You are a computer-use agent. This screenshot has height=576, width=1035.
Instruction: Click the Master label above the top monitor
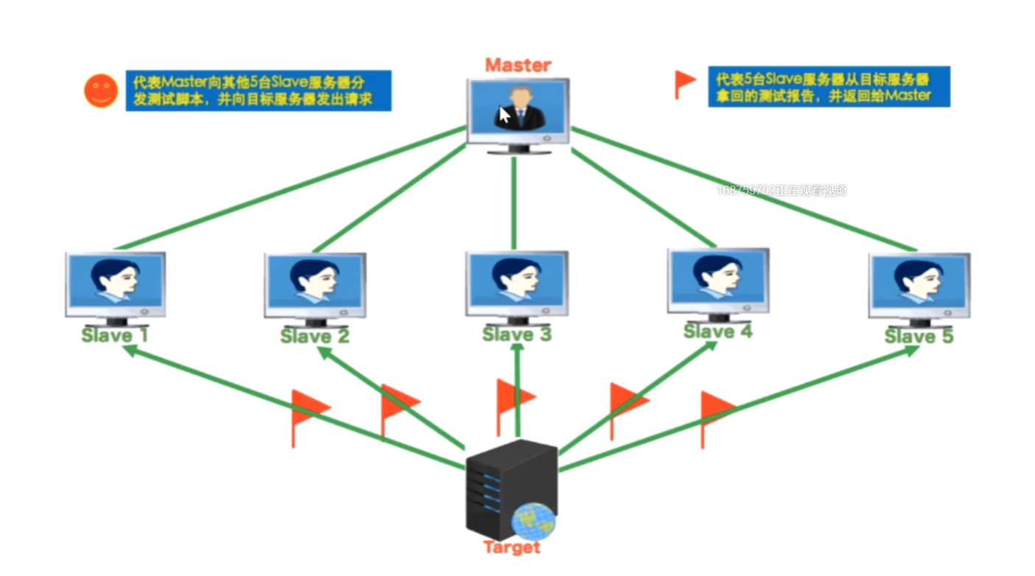coord(518,65)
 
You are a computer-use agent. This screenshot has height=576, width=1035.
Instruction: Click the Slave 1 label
coord(115,336)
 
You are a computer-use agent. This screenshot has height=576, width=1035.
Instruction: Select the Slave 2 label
coord(315,337)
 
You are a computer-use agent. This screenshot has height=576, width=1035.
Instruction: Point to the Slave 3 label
coord(516,334)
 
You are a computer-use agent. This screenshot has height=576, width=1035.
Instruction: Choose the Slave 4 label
coord(718,331)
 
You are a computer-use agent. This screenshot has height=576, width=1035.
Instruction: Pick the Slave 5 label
coord(919,337)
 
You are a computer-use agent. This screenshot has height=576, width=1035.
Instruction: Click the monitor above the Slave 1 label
coord(116,284)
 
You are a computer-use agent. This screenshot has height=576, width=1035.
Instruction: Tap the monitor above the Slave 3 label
coord(516,284)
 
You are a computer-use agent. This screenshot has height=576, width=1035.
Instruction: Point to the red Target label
coord(512,548)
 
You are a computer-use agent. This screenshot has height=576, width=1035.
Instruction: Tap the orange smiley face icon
coord(101,91)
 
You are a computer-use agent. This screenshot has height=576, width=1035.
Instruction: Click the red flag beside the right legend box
coord(684,82)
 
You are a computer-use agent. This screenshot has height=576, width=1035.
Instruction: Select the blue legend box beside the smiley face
coord(258,91)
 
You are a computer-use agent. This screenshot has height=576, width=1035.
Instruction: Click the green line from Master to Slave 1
coord(287,189)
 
